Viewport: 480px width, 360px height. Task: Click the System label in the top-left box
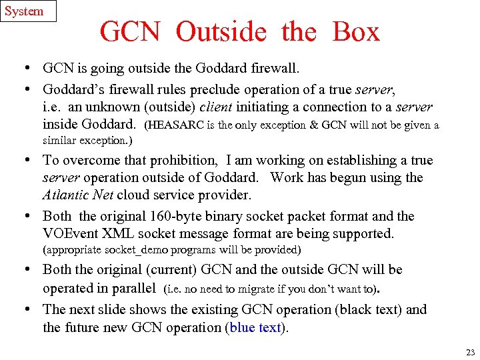24,11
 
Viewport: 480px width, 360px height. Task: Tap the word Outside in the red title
221,32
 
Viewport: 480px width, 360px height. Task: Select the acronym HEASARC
178,125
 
